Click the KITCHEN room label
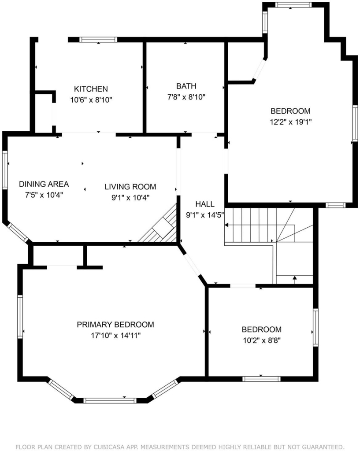point(91,89)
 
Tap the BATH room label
point(186,86)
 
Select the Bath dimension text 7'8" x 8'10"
point(186,97)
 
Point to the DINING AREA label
point(44,184)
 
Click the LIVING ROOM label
point(130,187)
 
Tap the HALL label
point(205,204)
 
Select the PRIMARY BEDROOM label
point(115,325)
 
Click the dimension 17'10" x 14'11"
point(116,336)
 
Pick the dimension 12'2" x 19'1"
point(291,122)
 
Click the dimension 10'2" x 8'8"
point(262,340)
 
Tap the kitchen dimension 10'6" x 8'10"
point(91,100)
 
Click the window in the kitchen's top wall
point(98,40)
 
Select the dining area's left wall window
point(5,170)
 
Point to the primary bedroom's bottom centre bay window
point(110,400)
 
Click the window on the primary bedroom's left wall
point(20,316)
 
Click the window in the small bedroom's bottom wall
point(261,379)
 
